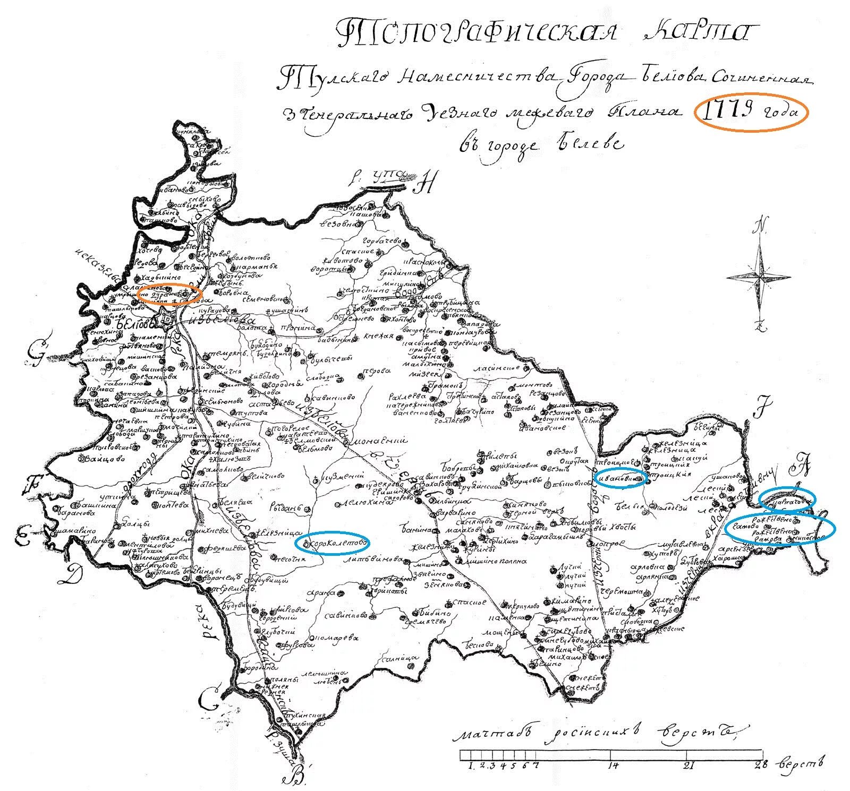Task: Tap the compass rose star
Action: [759, 276]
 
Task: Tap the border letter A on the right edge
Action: [801, 466]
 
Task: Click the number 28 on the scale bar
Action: [759, 765]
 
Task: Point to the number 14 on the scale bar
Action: [613, 765]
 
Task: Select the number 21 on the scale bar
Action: [689, 765]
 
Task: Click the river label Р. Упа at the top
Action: [381, 177]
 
